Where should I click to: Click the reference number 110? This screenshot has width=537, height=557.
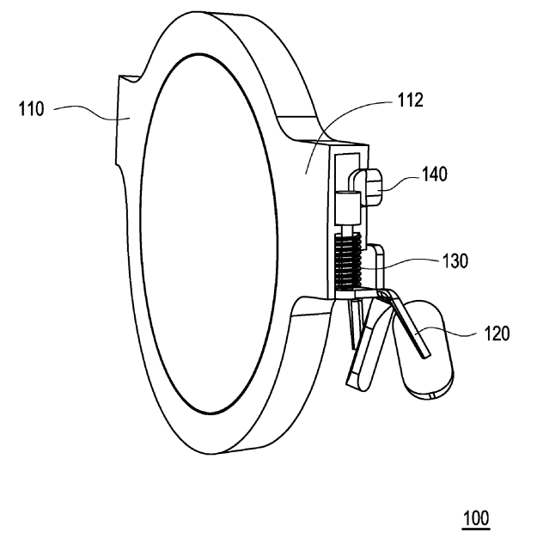[x=31, y=108]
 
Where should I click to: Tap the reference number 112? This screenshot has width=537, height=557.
[x=410, y=101]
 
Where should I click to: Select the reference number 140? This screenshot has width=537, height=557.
[x=435, y=174]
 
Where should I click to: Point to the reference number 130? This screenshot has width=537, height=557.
[x=455, y=261]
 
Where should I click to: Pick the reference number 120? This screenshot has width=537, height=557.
[x=497, y=334]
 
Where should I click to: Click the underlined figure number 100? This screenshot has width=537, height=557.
[x=476, y=518]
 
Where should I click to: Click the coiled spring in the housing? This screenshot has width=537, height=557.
[x=349, y=260]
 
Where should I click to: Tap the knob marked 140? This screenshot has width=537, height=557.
[x=372, y=187]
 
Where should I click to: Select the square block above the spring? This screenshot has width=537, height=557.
[x=348, y=209]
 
